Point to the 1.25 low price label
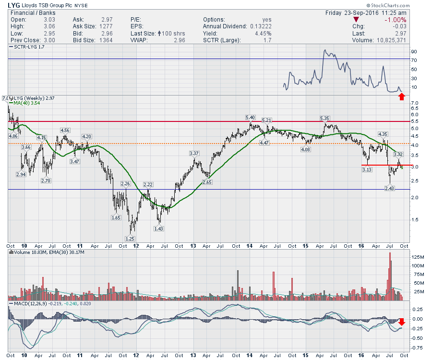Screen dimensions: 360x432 pyautogui.click(x=130, y=239)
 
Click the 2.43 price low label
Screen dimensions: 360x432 pyautogui.click(x=389, y=188)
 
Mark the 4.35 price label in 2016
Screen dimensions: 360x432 pyautogui.click(x=383, y=134)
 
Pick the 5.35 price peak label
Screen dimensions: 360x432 pyautogui.click(x=325, y=118)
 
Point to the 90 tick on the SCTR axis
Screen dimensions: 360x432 pyautogui.click(x=413, y=51)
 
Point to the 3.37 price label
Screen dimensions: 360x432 pyautogui.click(x=194, y=153)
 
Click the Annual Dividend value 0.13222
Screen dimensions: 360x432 pyautogui.click(x=259, y=26)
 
